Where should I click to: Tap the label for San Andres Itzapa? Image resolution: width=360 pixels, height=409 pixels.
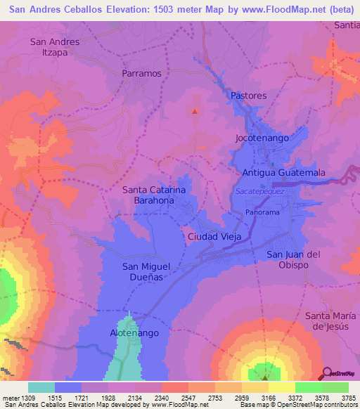tap(55, 47)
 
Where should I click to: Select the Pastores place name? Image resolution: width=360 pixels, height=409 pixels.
tap(248, 95)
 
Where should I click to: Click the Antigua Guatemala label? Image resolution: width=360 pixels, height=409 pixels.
tap(283, 172)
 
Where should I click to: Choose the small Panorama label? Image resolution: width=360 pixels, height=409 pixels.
tap(263, 212)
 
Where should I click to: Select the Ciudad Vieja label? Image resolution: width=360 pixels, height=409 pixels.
tap(214, 237)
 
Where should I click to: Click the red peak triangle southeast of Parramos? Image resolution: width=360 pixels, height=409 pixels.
tap(195, 110)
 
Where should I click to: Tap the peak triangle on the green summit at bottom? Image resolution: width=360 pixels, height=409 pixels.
tap(265, 377)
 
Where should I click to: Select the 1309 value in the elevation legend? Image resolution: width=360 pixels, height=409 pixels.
tap(23, 398)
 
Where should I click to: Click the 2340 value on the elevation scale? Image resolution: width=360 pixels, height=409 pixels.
tap(161, 398)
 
